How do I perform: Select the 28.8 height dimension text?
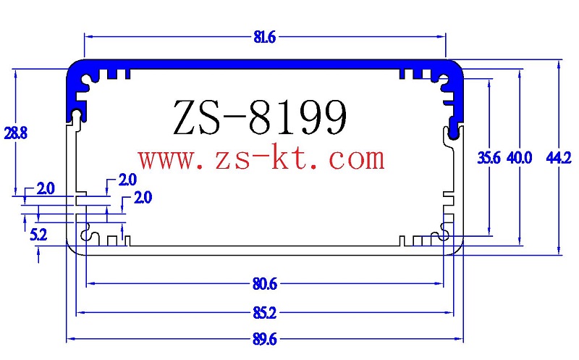(15, 133)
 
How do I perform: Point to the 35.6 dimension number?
(489, 158)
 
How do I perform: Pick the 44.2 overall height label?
(559, 158)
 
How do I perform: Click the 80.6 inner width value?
(265, 284)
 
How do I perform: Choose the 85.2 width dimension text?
(265, 313)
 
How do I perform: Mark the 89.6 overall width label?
(265, 338)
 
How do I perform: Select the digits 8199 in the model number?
(296, 116)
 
